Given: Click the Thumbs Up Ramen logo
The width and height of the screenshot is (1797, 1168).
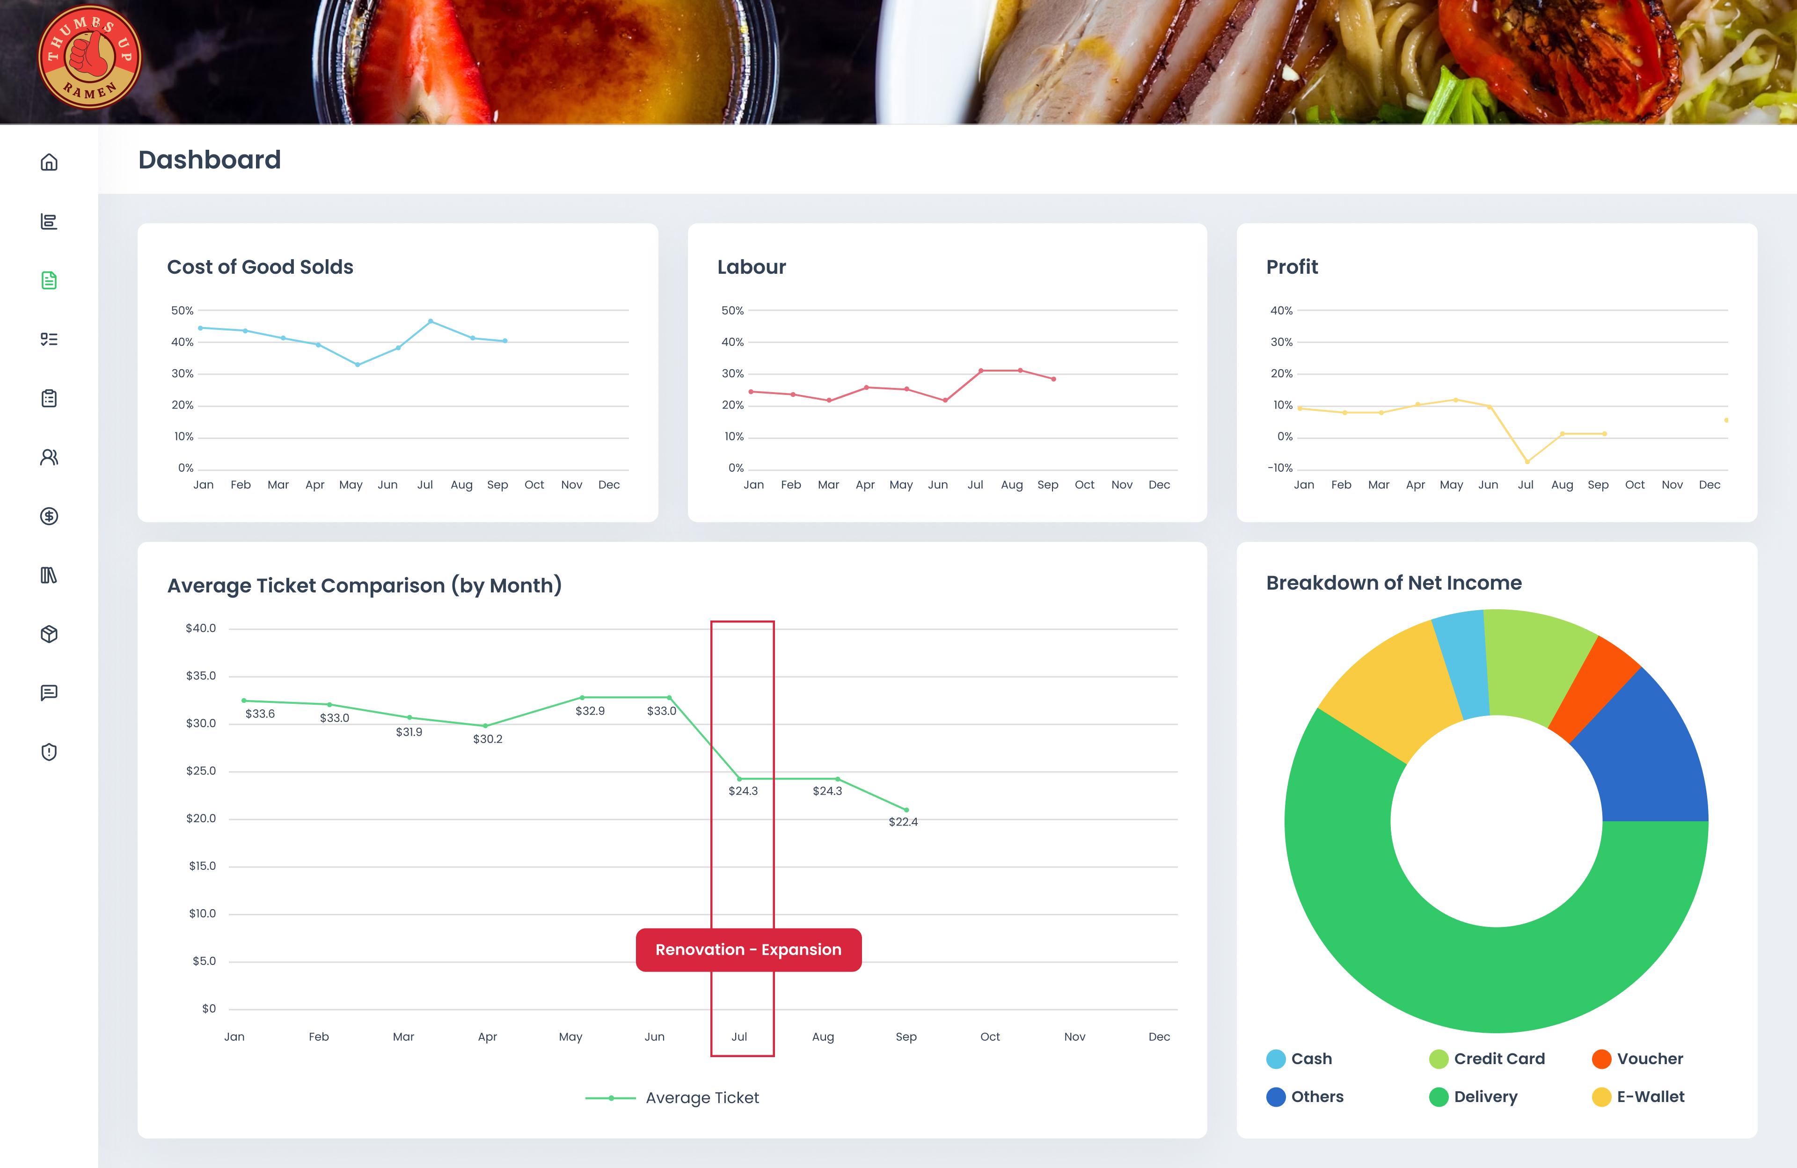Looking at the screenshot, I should point(89,58).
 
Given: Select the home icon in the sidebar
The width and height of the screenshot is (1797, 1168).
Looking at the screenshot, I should point(49,162).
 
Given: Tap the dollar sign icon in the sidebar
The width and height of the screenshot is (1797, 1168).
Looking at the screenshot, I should point(49,517).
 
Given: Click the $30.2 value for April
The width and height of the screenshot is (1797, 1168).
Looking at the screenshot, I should point(487,739).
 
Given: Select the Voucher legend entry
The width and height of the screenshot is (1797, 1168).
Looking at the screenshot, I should point(1649,1058).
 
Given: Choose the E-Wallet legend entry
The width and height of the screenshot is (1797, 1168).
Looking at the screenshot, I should point(1650,1097).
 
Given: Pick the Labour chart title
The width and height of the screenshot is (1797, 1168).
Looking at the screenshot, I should point(751,267).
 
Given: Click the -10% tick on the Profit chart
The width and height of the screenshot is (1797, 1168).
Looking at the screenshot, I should point(1280,468).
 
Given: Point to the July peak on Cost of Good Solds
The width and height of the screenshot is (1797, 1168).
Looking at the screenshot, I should point(431,321).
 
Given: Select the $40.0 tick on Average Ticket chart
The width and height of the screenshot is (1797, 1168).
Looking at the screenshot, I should point(201,628).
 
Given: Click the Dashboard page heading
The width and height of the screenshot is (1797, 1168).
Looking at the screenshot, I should point(209,160).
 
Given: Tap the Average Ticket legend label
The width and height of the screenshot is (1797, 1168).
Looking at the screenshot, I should point(701,1098).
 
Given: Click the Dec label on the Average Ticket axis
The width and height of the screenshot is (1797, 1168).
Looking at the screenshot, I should point(1158,1037).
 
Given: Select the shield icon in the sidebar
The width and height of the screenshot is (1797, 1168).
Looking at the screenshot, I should point(49,752).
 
